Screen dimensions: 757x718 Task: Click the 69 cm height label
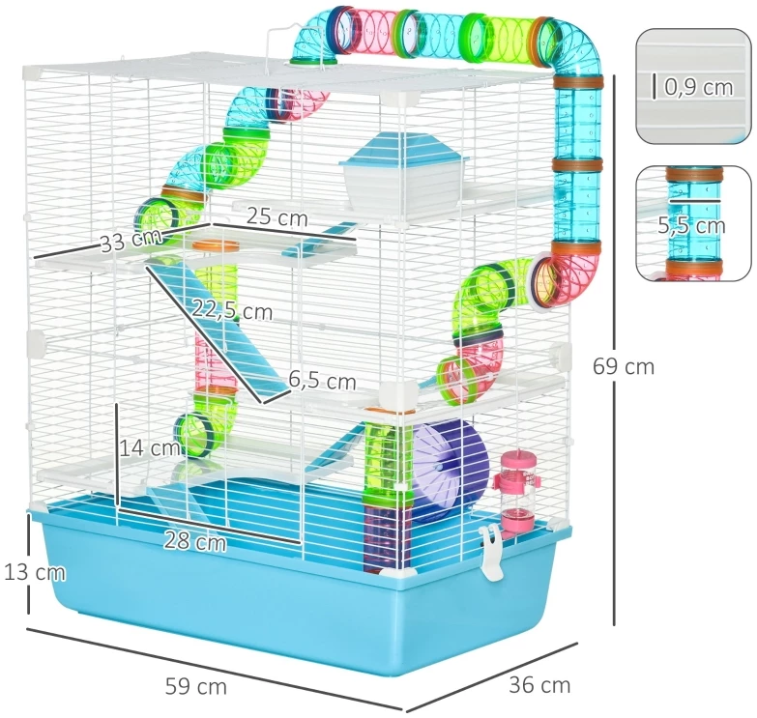(624, 366)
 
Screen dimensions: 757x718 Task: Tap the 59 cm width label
(195, 686)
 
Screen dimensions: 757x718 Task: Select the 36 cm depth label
(539, 685)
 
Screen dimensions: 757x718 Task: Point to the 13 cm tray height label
(34, 572)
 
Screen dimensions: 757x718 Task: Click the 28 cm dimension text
(195, 540)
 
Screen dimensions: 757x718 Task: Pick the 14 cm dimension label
(150, 447)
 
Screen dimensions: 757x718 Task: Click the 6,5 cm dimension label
(323, 380)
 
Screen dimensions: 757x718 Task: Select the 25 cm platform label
(277, 217)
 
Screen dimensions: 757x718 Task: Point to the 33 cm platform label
(131, 240)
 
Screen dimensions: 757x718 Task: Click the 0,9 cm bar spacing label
(699, 87)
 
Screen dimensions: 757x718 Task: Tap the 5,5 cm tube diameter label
(691, 225)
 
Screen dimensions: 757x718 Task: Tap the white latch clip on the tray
(492, 552)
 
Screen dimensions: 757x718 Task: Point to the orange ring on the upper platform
(216, 245)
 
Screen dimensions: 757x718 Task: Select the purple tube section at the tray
(387, 534)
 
